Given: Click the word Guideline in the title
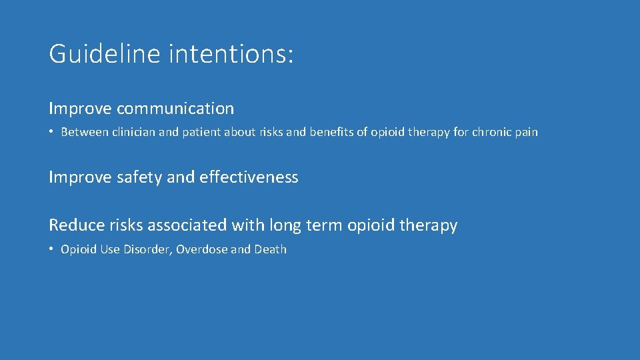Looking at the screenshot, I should (x=104, y=54).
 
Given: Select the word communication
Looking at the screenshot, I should (x=175, y=109).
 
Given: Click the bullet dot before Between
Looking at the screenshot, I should (x=51, y=132).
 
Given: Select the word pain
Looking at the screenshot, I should (x=526, y=132).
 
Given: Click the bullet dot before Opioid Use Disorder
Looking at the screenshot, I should (x=51, y=249).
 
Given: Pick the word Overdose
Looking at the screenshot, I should (x=202, y=249).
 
